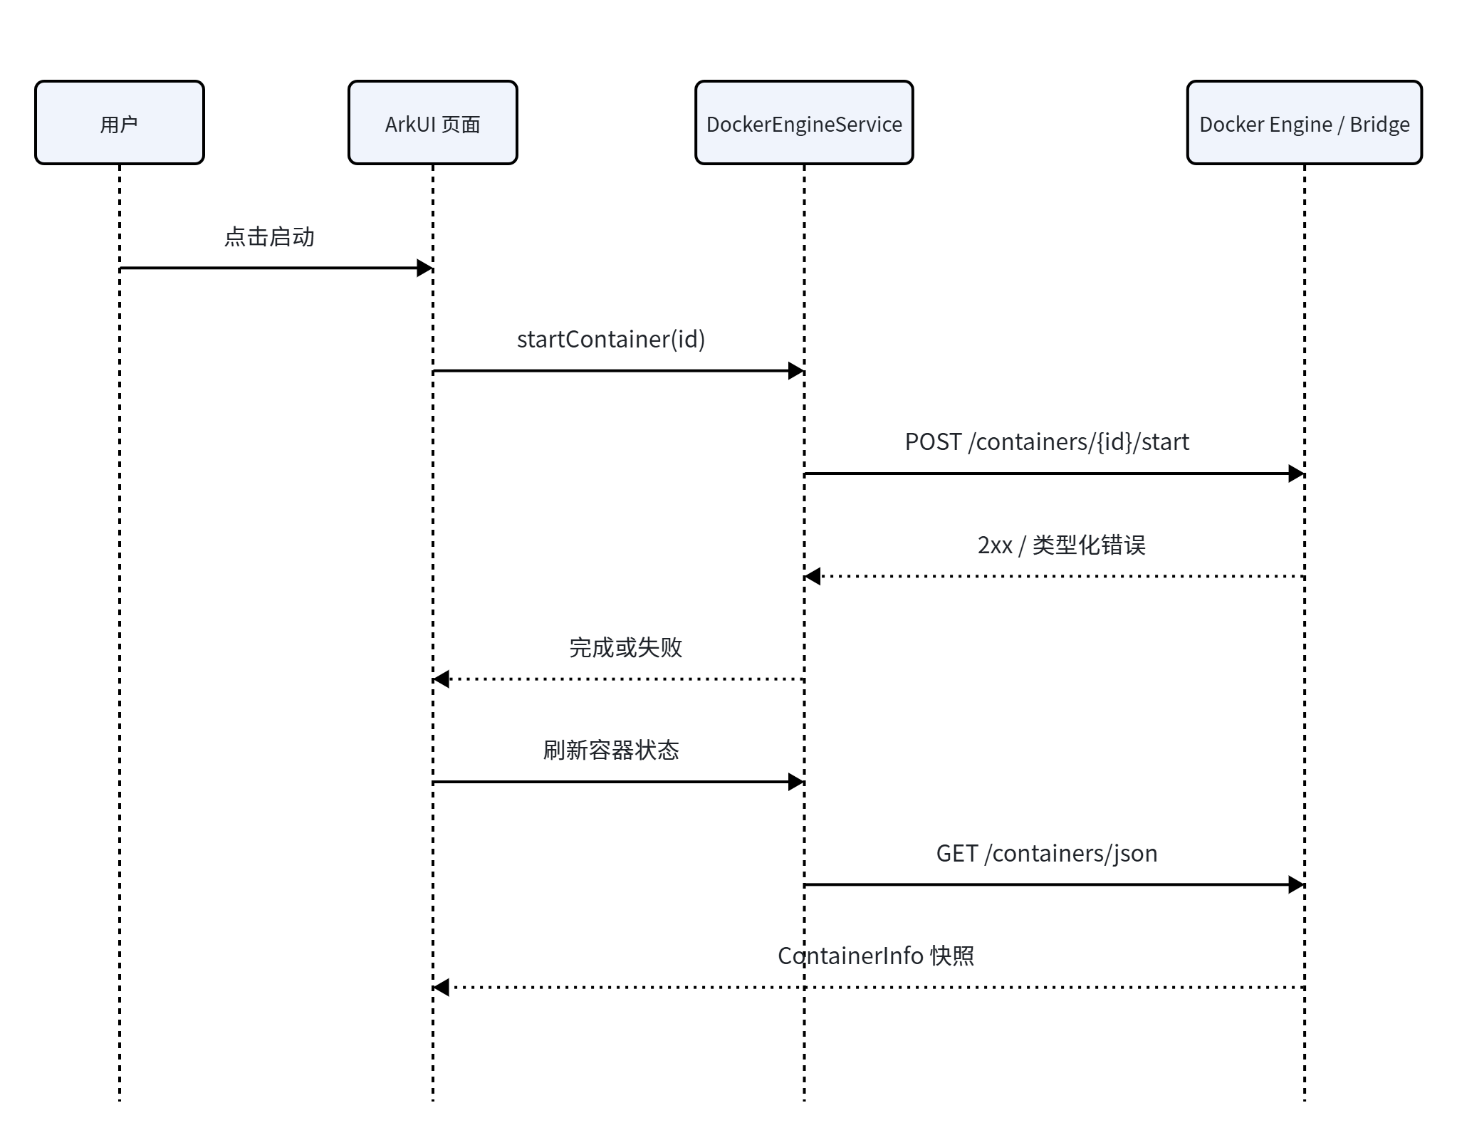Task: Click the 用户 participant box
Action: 120,122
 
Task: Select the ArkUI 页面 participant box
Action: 433,122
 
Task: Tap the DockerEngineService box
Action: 804,122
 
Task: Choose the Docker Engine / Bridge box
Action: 1305,122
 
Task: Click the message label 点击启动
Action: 269,236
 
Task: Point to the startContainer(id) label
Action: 611,339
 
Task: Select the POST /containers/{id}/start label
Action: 1047,441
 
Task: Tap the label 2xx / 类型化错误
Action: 1061,545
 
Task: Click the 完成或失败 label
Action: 625,647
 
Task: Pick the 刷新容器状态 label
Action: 611,750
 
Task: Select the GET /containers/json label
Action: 1047,853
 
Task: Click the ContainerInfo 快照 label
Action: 876,956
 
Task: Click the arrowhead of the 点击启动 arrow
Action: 425,268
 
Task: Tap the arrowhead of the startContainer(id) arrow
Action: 797,371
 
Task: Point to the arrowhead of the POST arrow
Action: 1297,474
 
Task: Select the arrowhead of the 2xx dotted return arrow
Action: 813,576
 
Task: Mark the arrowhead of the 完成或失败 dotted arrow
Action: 441,679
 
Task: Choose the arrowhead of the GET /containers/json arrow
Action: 1297,885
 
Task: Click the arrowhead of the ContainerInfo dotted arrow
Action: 441,988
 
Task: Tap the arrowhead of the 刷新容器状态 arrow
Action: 797,782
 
